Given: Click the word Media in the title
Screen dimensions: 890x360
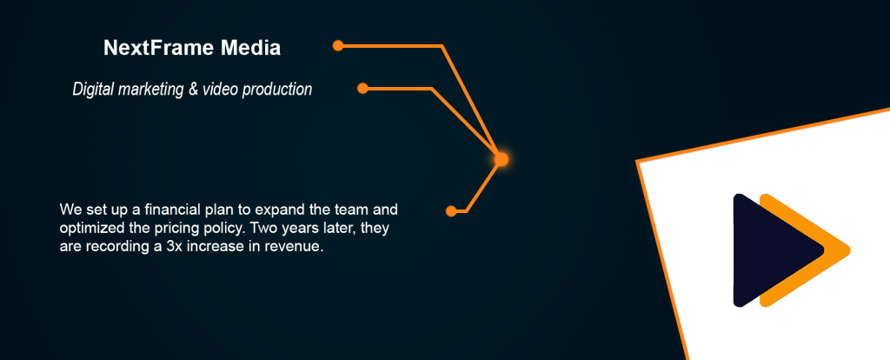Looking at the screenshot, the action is pos(251,49).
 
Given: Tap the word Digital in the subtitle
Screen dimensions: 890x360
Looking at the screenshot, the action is pos(93,90).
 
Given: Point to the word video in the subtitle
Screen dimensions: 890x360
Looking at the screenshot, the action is pos(221,90).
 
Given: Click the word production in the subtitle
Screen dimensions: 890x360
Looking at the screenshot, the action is pos(277,90).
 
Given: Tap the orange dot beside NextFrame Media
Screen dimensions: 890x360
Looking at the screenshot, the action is pos(338,45).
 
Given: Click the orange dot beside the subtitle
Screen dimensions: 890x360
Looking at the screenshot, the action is pos(363,88).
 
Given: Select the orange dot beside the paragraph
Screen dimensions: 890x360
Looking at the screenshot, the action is pos(451,211).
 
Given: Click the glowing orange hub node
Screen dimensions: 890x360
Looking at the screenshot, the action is pos(501,159).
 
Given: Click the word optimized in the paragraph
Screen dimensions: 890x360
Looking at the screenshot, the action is pos(88,229).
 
